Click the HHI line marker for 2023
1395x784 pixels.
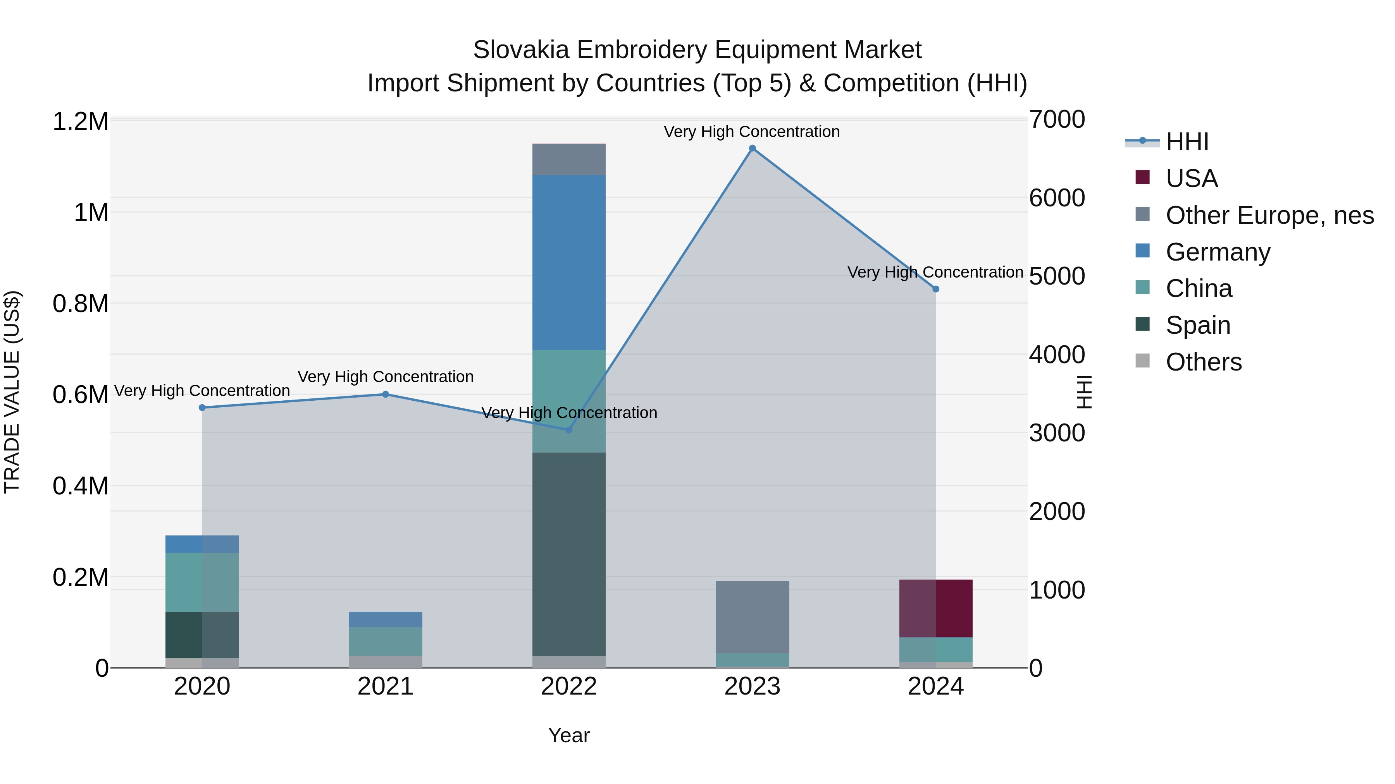(x=752, y=148)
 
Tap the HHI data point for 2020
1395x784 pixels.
(x=202, y=407)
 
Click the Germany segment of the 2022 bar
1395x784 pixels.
(x=568, y=262)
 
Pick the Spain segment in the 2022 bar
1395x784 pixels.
(x=568, y=554)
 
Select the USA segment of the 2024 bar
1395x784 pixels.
(x=935, y=608)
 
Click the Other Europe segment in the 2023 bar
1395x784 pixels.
(x=752, y=617)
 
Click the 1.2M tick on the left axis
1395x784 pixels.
(x=80, y=121)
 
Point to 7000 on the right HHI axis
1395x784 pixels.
(x=1057, y=120)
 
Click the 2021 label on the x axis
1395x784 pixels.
(x=385, y=686)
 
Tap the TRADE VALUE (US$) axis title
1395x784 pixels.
(x=12, y=392)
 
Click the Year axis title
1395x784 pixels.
(x=568, y=735)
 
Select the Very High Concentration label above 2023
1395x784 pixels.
(x=752, y=132)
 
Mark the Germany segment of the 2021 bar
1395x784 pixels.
(x=385, y=619)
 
